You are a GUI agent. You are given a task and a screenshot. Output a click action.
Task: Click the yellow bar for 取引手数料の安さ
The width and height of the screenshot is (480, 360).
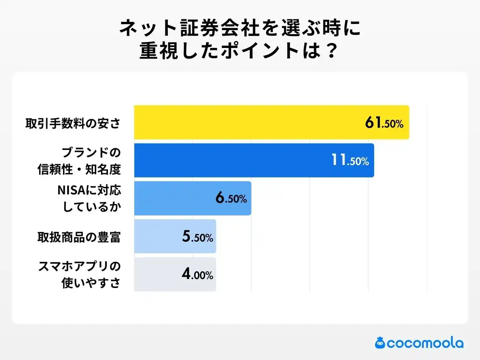[x=247, y=122]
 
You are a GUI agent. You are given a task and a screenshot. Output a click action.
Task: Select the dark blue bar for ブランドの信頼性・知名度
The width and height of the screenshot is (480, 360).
[x=232, y=160]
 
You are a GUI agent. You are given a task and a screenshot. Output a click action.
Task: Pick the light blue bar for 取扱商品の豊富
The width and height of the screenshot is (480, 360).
[x=157, y=236]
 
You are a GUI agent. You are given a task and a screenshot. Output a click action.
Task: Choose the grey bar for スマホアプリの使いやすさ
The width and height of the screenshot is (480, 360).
[x=157, y=274]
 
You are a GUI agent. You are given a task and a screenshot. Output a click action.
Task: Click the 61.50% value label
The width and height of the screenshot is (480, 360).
[x=384, y=123]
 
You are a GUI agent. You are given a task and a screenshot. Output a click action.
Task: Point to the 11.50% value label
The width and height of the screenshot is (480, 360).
[x=350, y=160]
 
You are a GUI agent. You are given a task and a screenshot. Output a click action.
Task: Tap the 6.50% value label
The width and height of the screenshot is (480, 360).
[x=231, y=198]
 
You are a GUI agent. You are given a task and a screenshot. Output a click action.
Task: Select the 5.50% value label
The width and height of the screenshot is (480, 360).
[x=198, y=236]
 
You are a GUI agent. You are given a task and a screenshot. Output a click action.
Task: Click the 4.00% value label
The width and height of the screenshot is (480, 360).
[x=198, y=274]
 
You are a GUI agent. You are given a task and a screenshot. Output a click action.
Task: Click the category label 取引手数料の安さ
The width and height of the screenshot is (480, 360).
[x=73, y=123]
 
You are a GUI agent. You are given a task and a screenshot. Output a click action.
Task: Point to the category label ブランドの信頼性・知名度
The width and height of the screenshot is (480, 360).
[x=79, y=161]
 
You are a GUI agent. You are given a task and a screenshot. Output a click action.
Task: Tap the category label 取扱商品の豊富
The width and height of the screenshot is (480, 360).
[x=79, y=237]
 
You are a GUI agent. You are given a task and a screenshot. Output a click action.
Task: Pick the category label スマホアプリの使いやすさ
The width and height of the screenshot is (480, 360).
[x=79, y=274]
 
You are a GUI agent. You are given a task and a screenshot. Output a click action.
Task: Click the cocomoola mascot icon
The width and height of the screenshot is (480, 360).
[x=380, y=342]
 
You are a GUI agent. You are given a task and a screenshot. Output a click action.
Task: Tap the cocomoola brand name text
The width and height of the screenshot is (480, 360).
[x=425, y=343]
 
